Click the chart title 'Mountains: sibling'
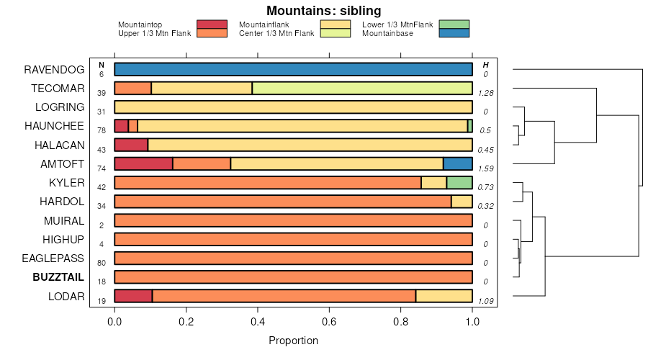coord(323,11)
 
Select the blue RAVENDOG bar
coord(293,69)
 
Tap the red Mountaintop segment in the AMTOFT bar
coord(143,163)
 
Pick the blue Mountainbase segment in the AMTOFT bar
coord(457,163)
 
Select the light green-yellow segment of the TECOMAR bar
coord(362,88)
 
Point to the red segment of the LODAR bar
coord(133,295)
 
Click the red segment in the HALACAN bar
coord(131,145)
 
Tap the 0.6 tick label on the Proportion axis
coord(329,321)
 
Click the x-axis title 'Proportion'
coord(293,340)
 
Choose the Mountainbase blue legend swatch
coord(453,33)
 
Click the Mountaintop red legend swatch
coord(212,24)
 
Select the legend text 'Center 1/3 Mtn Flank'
coord(276,33)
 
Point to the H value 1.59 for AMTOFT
coord(486,168)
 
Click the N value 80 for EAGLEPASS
coord(102,263)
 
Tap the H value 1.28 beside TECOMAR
coord(486,94)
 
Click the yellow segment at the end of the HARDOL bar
coord(462,201)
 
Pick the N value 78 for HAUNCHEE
coord(102,131)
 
